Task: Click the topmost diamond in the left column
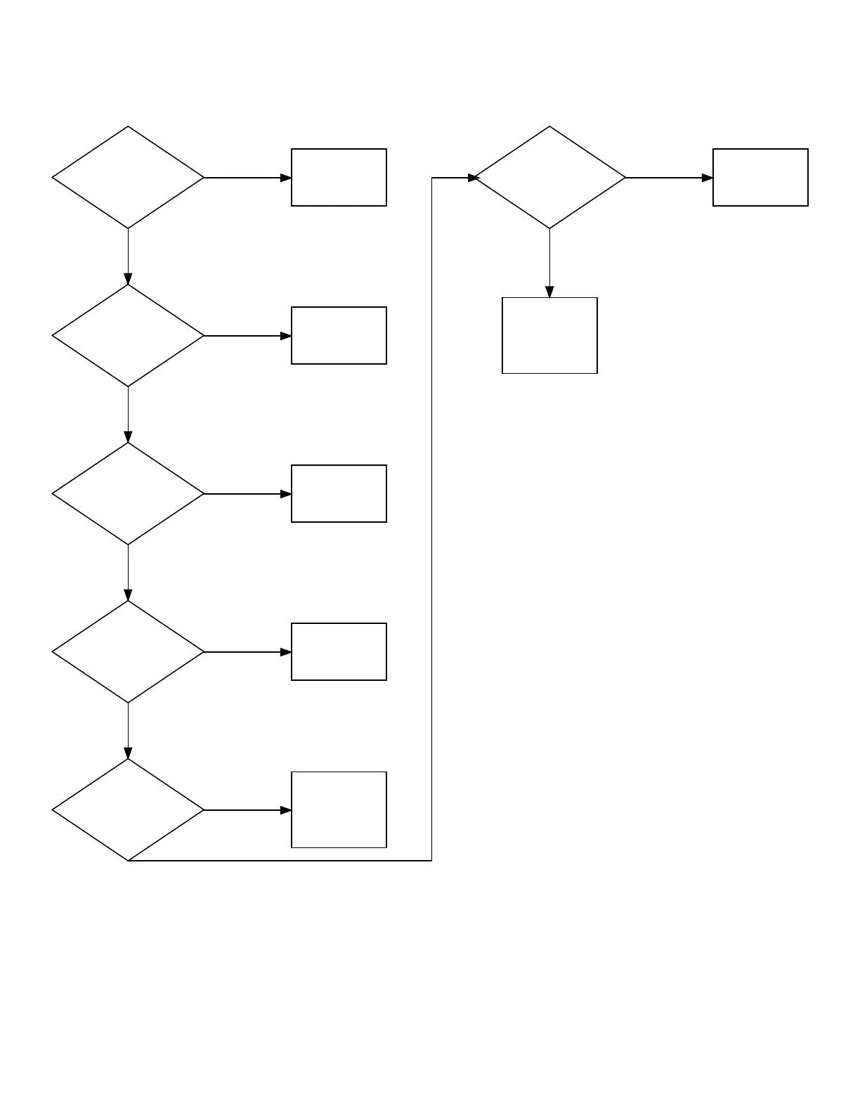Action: [128, 178]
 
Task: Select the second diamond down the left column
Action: [128, 336]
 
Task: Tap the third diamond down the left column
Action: [128, 494]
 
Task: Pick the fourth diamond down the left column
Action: [128, 652]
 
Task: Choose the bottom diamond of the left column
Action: [128, 810]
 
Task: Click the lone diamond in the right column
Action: [549, 178]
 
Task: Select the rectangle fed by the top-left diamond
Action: [339, 178]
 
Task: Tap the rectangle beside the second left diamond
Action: [339, 336]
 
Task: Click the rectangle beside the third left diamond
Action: [339, 494]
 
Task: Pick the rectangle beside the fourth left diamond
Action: [339, 652]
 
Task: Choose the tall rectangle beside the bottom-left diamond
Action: [339, 810]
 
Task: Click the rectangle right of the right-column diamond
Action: [760, 178]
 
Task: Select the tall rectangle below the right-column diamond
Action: [549, 336]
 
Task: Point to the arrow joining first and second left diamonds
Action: [128, 256]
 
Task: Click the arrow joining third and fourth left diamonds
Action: [128, 573]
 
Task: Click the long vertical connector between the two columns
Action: [431, 520]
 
